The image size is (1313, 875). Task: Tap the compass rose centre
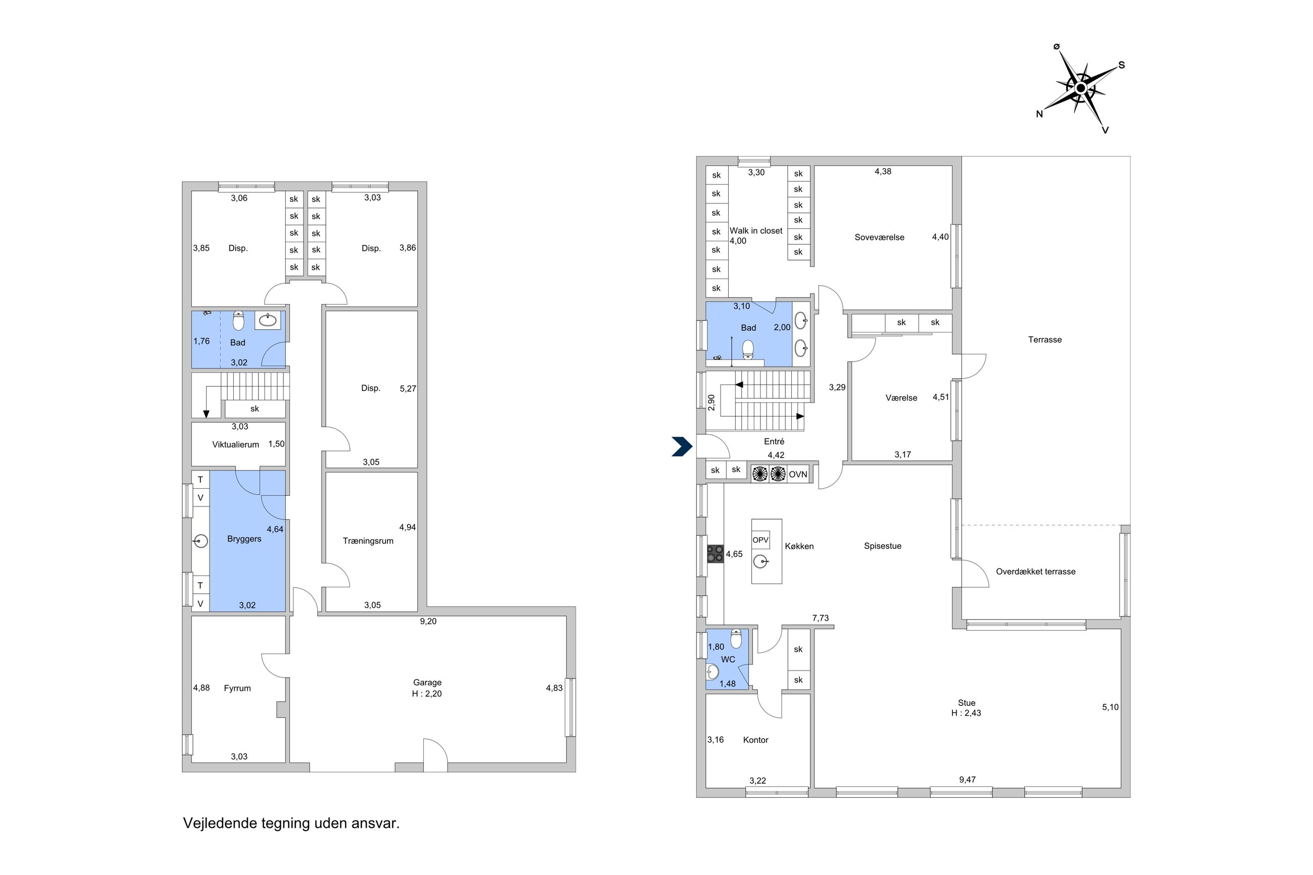1080,88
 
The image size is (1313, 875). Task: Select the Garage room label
427,683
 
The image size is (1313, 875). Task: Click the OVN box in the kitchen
798,474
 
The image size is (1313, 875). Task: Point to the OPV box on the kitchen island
761,540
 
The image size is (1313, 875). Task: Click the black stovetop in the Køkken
716,554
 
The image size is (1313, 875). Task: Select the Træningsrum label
368,541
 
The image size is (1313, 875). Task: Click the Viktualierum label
235,445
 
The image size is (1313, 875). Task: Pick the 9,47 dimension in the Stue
967,780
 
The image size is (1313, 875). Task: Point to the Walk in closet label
756,230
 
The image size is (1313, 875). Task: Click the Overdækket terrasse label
1036,572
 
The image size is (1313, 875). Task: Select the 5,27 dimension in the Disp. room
408,388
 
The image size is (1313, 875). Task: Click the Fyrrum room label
237,688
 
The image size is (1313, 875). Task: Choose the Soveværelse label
879,237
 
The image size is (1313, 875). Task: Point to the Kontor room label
755,740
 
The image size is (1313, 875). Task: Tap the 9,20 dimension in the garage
428,621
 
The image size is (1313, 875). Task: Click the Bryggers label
244,539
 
